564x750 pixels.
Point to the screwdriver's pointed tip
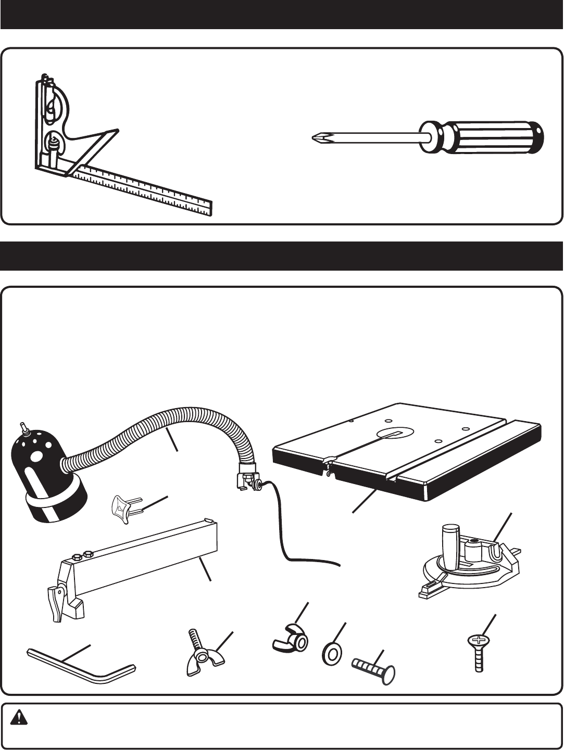click(314, 138)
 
